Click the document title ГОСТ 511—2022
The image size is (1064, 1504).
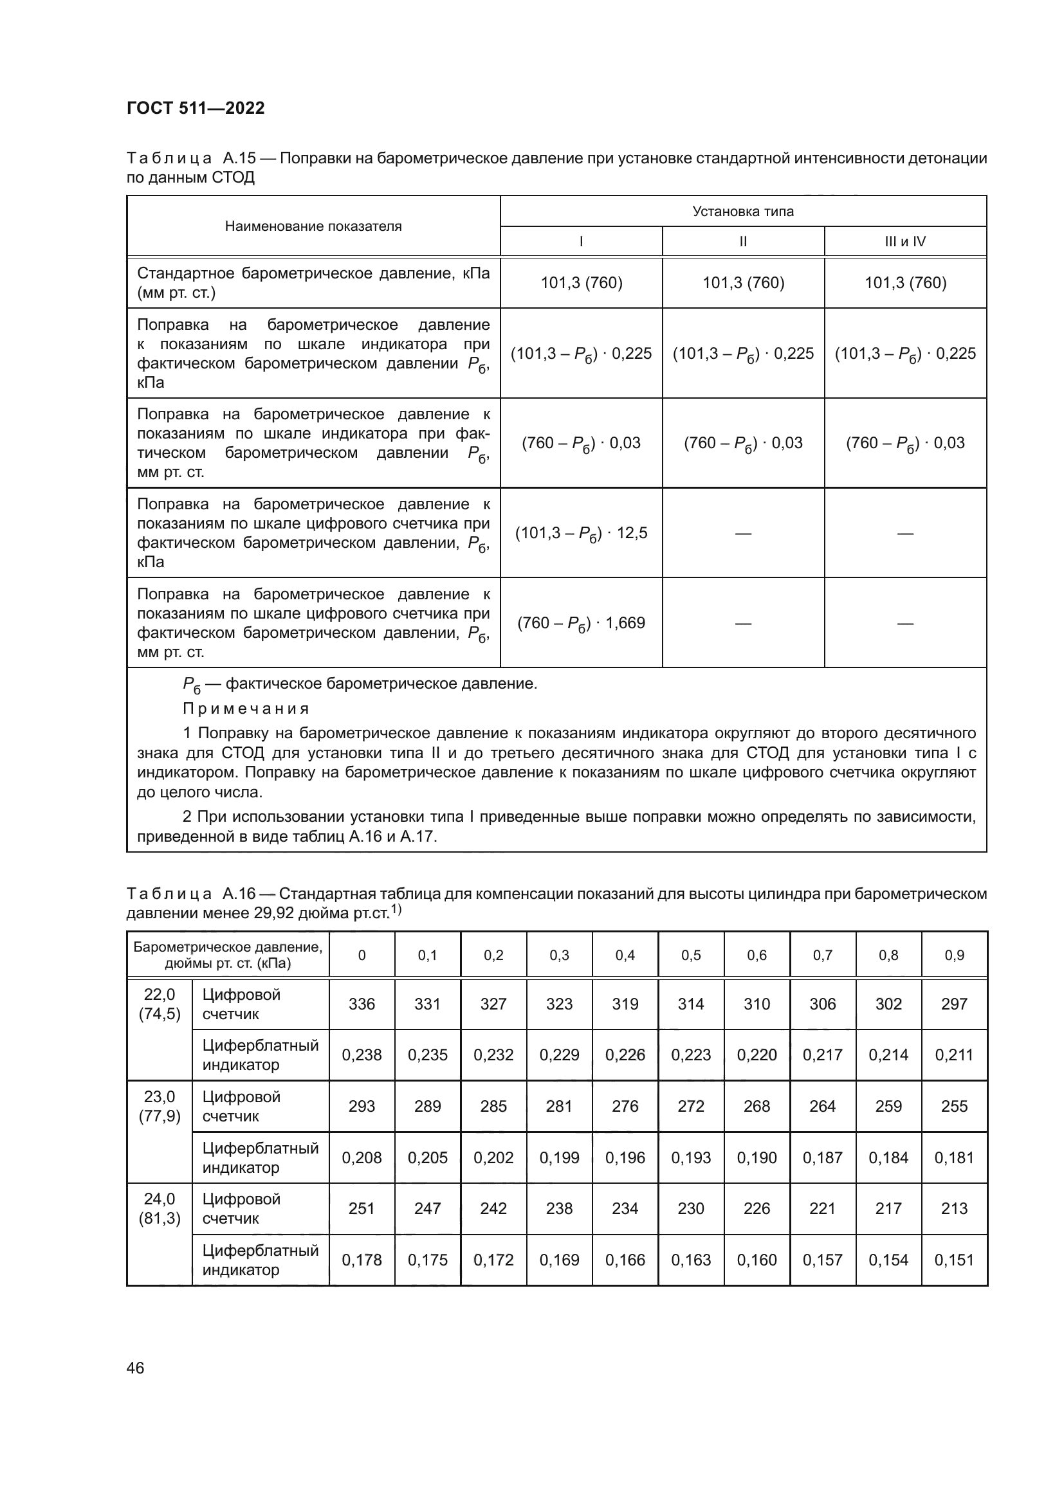pyautogui.click(x=196, y=108)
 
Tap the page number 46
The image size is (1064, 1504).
pyautogui.click(x=135, y=1368)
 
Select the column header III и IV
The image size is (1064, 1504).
pyautogui.click(x=905, y=241)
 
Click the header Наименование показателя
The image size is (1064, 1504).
pyautogui.click(x=313, y=226)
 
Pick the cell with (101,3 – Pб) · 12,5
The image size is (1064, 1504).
pyautogui.click(x=580, y=533)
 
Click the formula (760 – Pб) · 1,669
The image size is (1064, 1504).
pyautogui.click(x=580, y=623)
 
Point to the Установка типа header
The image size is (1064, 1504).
pyautogui.click(x=743, y=211)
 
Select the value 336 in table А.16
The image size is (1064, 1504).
pyautogui.click(x=362, y=1004)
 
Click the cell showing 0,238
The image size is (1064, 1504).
pyautogui.click(x=362, y=1055)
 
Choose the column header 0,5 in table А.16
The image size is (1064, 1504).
pyautogui.click(x=690, y=955)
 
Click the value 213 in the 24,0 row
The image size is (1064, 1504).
pyautogui.click(x=954, y=1209)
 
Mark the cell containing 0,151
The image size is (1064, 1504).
pyautogui.click(x=954, y=1260)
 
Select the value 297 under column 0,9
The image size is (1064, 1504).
pyautogui.click(x=954, y=1004)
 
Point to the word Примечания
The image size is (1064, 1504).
pyautogui.click(x=246, y=709)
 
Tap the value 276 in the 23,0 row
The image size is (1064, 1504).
pyautogui.click(x=625, y=1107)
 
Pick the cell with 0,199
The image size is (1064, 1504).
pyautogui.click(x=559, y=1157)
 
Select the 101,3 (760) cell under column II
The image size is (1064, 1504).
pyautogui.click(x=743, y=283)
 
